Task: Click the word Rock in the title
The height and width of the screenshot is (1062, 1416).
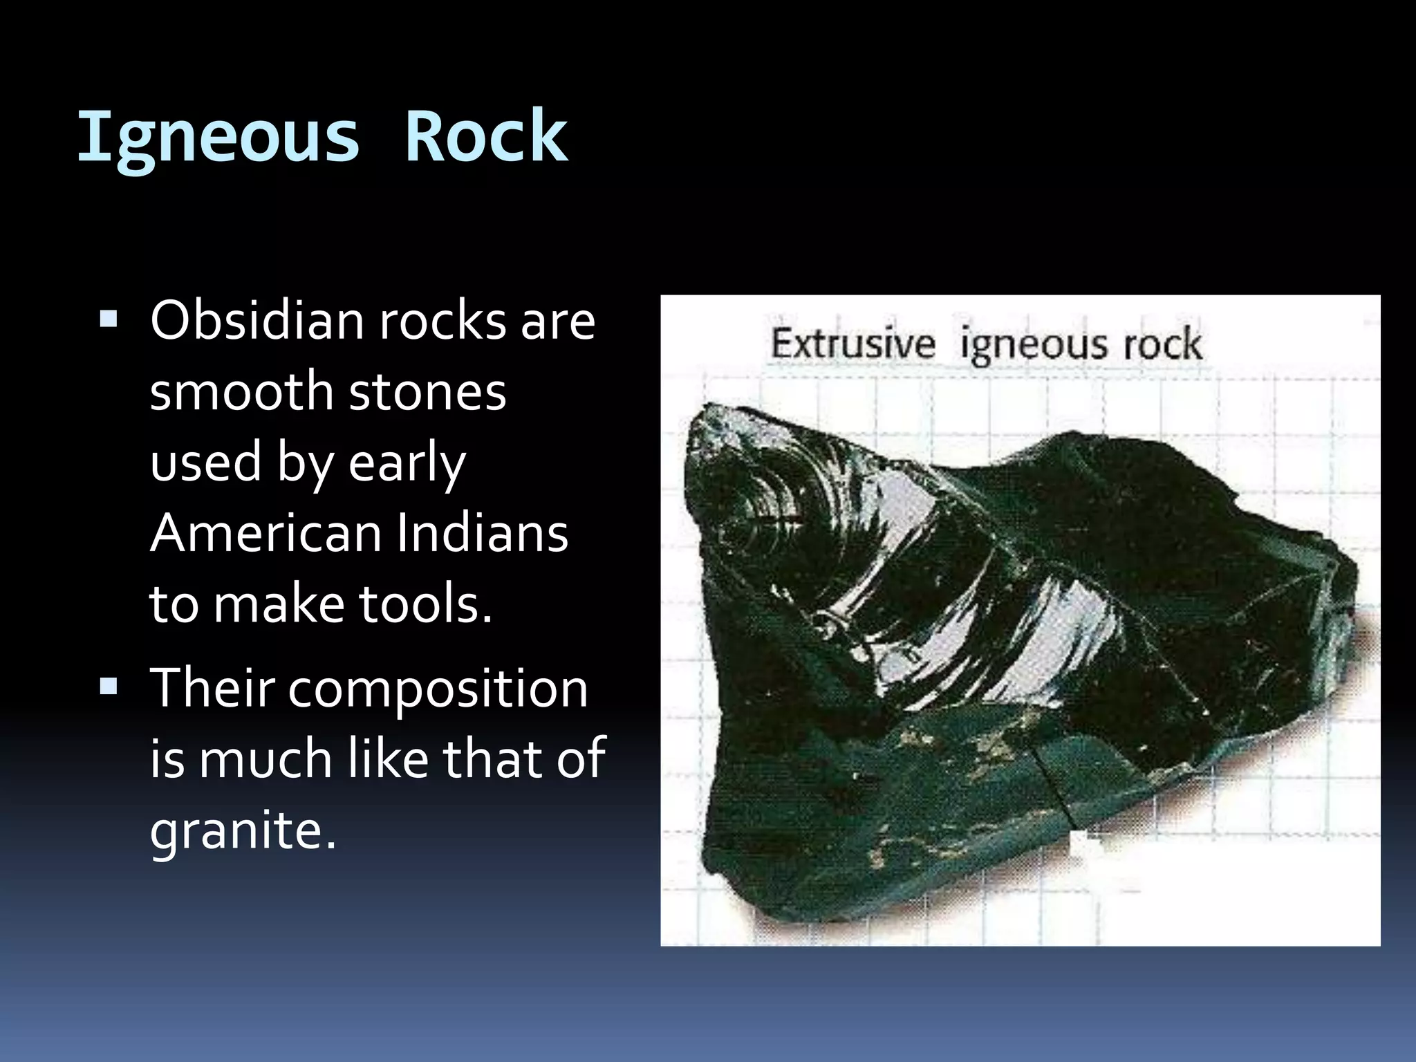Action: point(486,137)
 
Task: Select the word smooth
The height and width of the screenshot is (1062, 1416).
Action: point(241,391)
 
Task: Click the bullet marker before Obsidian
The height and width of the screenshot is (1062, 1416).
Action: point(109,319)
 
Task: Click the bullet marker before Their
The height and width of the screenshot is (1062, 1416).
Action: point(109,687)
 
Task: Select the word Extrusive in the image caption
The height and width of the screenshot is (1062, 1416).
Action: point(853,344)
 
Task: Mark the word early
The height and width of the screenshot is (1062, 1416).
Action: point(407,463)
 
